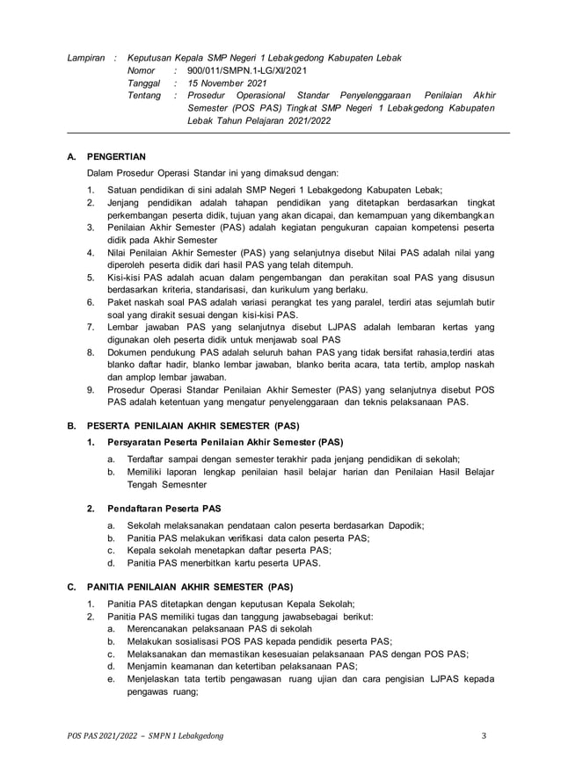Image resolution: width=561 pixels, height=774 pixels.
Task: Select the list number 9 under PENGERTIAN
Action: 90,389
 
